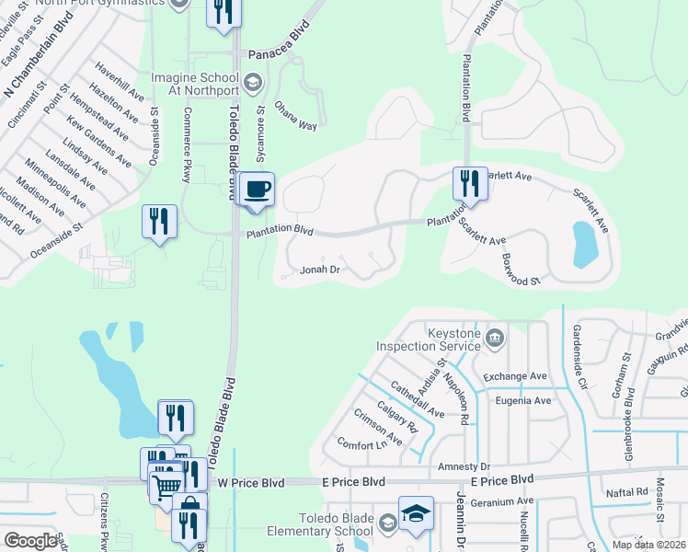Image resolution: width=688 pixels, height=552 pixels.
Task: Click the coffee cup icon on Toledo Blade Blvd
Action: coord(258,189)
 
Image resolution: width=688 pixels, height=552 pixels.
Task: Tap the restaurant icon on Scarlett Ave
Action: coord(470,183)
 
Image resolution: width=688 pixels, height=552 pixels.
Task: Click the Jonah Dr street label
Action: coord(321,270)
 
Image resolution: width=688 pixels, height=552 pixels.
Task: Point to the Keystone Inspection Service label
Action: coord(428,339)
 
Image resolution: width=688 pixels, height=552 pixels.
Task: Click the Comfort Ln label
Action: coord(361,444)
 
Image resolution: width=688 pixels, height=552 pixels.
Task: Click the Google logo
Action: coord(30,541)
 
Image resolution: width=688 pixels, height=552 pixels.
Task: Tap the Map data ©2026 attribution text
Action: coord(648,545)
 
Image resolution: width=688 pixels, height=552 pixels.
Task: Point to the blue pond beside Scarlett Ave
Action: coord(585,243)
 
